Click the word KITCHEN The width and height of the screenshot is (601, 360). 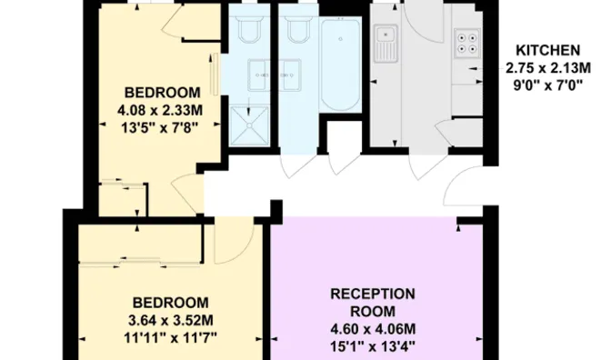point(549,49)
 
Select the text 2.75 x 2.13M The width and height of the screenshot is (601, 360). point(549,66)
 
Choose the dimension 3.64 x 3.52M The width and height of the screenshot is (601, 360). point(171,320)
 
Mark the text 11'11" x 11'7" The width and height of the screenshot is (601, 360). point(171,337)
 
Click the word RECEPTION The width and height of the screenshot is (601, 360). point(372,294)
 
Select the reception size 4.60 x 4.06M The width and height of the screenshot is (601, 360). point(372,329)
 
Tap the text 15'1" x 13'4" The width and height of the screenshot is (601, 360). point(372,346)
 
